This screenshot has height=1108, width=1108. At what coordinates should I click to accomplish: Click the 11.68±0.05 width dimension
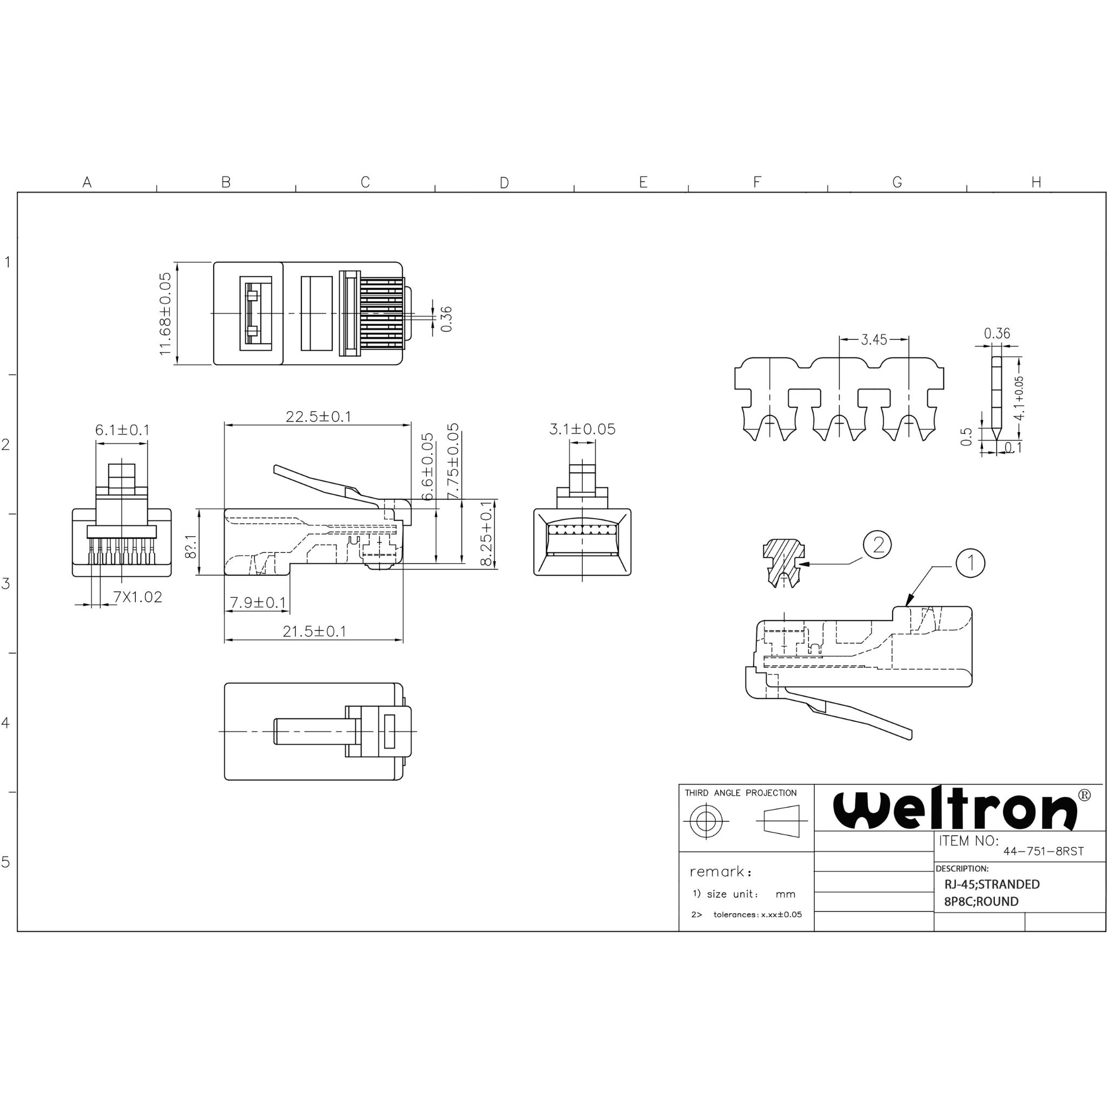[165, 313]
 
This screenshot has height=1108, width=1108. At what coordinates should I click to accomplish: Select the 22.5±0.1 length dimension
[318, 417]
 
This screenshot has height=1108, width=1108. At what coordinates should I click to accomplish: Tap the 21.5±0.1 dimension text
[314, 631]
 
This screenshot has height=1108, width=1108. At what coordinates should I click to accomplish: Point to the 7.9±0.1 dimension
[258, 602]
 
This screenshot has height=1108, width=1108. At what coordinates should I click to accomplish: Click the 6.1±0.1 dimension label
[122, 430]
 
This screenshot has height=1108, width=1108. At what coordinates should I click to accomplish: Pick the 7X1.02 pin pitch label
[137, 597]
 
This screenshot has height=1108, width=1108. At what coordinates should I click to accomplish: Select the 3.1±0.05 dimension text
[582, 429]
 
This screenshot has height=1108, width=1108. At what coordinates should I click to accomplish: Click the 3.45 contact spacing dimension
[873, 340]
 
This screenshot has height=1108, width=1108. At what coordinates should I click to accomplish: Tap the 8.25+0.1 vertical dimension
[486, 533]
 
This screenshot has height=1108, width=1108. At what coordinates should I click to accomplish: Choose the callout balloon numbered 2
[878, 544]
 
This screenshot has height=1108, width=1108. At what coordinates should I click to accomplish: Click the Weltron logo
[955, 810]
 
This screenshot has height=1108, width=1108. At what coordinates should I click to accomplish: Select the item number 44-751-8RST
[1043, 851]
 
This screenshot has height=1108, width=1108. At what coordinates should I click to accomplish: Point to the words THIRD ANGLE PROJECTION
[741, 793]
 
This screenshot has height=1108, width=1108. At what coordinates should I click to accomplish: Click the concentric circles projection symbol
[706, 821]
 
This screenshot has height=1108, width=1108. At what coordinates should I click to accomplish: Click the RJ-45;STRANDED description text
[992, 885]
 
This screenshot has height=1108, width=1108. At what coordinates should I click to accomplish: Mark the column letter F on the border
[757, 182]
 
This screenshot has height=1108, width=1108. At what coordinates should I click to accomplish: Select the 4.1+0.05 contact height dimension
[1019, 398]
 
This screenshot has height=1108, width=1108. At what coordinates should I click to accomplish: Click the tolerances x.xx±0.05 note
[757, 915]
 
